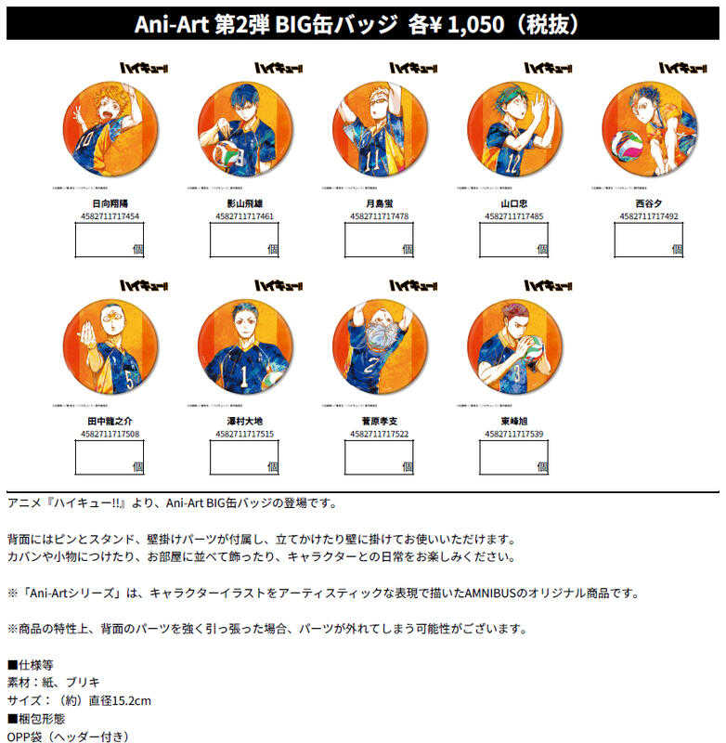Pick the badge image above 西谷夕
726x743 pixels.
click(x=649, y=131)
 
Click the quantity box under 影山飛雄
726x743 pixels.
click(x=243, y=240)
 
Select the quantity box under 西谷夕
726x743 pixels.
click(x=648, y=240)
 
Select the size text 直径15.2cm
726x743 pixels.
click(x=117, y=699)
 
